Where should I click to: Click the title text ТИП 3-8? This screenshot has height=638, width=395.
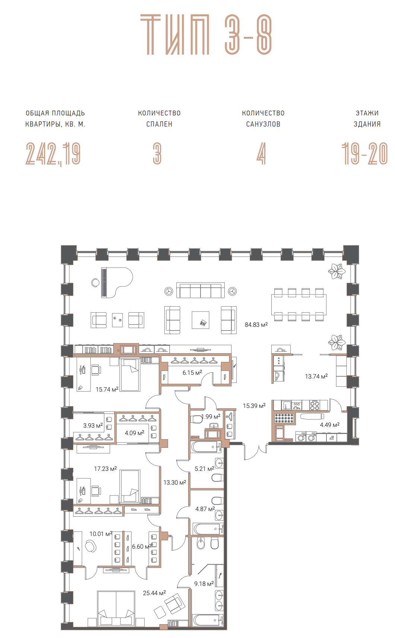206,35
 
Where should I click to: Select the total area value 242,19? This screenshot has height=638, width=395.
53,154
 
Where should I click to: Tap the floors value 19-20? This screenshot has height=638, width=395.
365,153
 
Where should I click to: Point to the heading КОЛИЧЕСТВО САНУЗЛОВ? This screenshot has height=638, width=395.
263,118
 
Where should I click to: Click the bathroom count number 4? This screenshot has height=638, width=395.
261,153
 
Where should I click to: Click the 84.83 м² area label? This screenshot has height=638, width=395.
256,325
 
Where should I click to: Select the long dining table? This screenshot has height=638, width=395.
298,304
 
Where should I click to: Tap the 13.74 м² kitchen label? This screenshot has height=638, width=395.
316,377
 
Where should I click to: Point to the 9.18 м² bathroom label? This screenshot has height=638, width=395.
204,584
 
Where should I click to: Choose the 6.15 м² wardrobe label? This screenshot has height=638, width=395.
192,373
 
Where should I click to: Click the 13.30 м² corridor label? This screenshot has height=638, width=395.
174,482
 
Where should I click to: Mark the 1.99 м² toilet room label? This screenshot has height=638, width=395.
211,417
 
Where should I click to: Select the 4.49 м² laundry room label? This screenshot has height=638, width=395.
330,425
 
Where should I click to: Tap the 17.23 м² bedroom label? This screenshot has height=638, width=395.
105,469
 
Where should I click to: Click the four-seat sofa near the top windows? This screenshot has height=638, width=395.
200,290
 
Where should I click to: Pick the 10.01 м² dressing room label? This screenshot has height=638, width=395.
101,534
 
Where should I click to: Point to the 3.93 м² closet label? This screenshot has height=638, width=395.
93,425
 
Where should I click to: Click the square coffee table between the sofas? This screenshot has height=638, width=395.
200,320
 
